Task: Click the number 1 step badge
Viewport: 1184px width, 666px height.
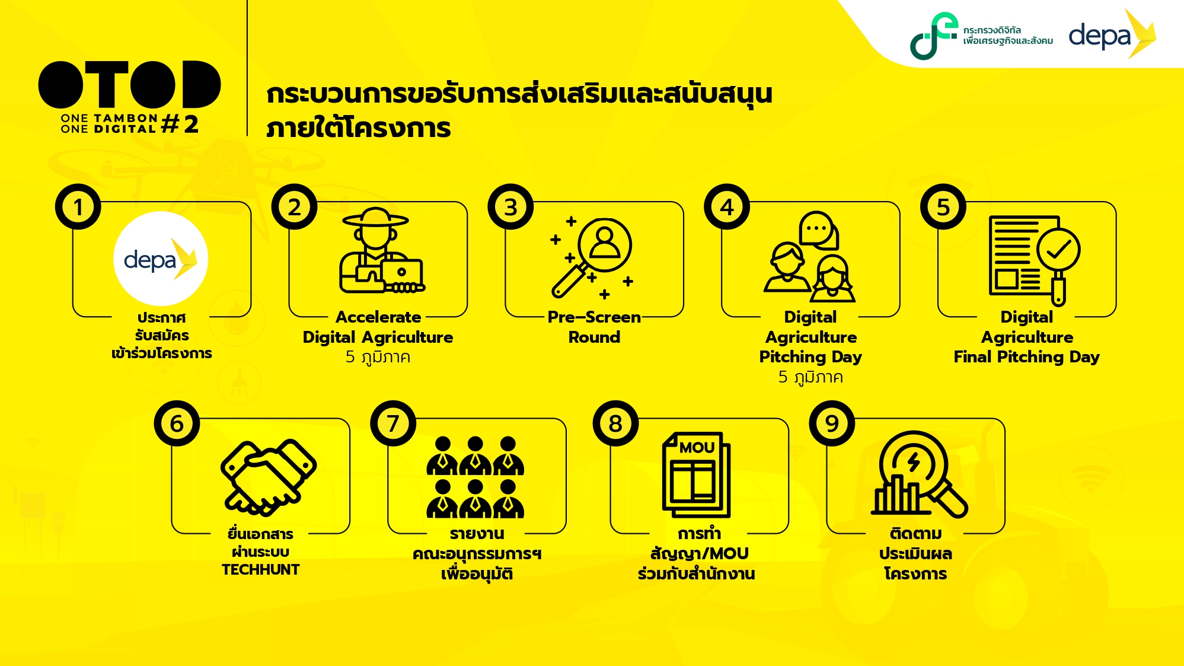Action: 78,207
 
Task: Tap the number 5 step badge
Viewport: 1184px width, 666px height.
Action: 943,207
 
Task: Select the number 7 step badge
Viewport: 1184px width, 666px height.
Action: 393,423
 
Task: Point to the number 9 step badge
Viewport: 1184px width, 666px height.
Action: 832,423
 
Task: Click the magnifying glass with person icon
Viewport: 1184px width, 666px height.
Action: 592,257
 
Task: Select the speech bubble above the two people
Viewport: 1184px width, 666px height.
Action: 818,229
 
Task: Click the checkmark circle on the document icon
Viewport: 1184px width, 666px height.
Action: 1058,250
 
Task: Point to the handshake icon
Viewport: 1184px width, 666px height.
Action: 268,477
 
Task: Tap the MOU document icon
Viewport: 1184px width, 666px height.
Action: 696,474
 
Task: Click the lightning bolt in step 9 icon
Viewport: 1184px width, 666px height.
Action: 914,461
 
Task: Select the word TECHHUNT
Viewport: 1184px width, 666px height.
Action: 261,569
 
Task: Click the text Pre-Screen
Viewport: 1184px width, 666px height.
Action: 594,317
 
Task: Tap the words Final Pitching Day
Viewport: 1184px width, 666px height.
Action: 1026,357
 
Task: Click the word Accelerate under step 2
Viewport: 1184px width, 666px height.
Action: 378,317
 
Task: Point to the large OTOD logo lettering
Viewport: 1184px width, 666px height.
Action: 129,85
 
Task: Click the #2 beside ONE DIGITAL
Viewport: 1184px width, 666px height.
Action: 180,124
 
